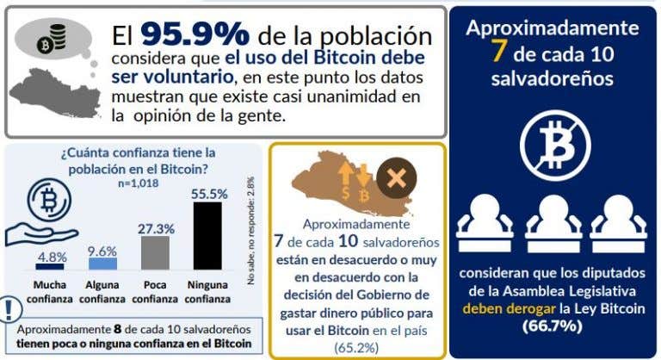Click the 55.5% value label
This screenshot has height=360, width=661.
click(207, 194)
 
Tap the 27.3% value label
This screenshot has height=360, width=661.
click(155, 228)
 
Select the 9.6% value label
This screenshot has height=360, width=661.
click(102, 251)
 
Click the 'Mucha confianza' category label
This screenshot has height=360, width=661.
click(50, 291)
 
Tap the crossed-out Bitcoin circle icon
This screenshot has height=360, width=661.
click(553, 141)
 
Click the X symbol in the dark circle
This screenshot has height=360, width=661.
click(397, 179)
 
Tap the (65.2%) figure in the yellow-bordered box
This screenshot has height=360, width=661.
click(357, 346)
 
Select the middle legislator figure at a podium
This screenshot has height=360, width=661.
click(553, 220)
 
